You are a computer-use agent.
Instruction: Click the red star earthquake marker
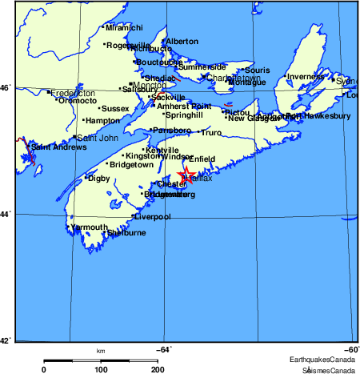pos(186,174)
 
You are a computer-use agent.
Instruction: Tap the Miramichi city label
pos(124,28)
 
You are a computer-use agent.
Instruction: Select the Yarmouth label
pos(89,227)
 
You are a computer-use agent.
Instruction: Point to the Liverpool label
pos(152,216)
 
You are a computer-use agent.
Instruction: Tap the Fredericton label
pos(74,93)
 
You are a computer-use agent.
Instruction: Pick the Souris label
pos(259,70)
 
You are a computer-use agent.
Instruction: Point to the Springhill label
pos(184,115)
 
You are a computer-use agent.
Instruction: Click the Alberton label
pos(182,42)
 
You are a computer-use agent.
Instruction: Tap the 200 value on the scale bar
pos(158,369)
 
